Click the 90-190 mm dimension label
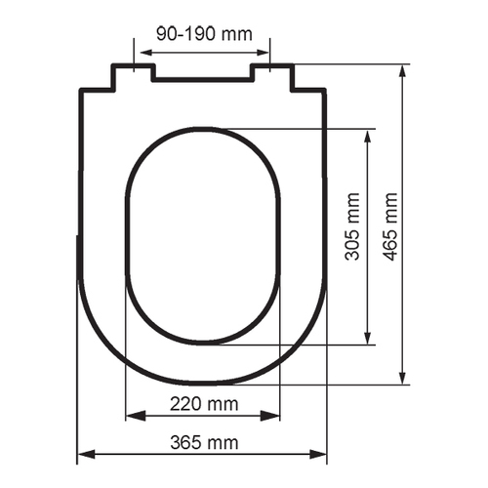point(204,33)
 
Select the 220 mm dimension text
point(204,404)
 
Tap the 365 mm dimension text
point(204,442)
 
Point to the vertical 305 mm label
point(352,226)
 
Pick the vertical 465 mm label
point(390,226)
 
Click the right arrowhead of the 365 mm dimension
point(318,454)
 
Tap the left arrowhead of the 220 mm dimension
point(136,416)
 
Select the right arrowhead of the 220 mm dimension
point(270,416)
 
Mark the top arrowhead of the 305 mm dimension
point(368,139)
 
